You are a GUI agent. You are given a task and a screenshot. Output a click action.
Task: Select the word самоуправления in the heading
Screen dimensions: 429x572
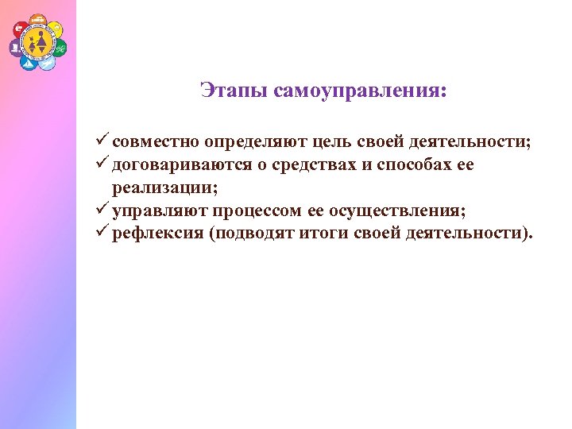pyautogui.click(x=360, y=91)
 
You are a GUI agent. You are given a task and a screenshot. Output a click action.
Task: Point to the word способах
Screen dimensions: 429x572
pyautogui.click(x=402, y=165)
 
